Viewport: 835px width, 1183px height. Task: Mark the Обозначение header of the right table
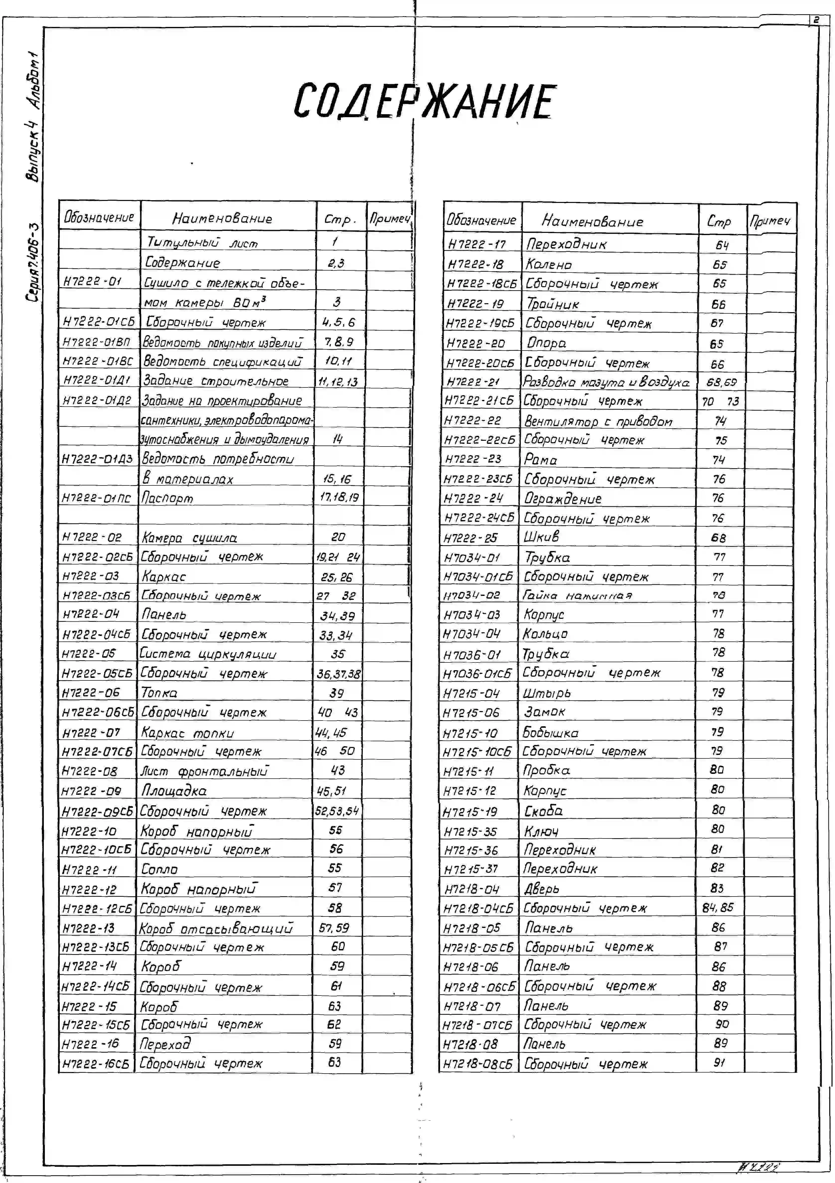(481, 221)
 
